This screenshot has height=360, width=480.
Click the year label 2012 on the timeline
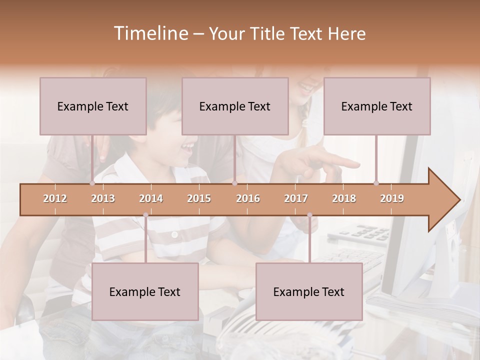[55, 198]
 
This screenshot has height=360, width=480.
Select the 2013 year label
[103, 198]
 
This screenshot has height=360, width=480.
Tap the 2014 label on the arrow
[151, 198]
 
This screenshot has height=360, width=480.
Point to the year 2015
[199, 198]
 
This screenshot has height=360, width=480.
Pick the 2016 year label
[248, 198]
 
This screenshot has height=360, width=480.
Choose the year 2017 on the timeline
[296, 198]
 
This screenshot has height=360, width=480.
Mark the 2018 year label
[344, 198]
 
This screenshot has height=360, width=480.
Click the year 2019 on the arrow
[392, 198]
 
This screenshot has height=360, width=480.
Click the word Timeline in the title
[150, 33]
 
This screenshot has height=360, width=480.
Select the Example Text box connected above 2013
[93, 106]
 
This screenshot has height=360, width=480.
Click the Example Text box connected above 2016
[235, 106]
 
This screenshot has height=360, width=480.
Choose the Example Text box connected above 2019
[377, 106]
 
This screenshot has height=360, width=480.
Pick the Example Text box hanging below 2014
[145, 292]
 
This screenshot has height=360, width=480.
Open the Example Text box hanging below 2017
[309, 292]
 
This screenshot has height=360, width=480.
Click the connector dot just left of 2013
[92, 183]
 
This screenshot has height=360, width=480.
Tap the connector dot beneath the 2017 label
[309, 215]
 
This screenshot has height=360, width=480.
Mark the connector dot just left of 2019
[376, 183]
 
